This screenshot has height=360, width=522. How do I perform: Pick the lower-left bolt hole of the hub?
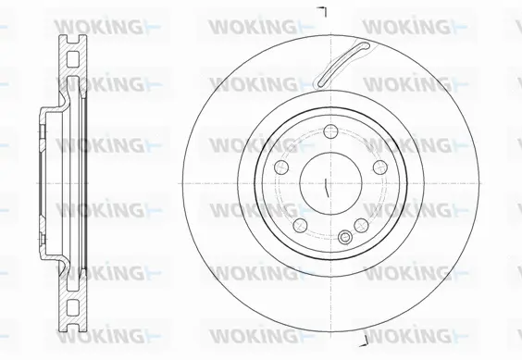point(299,223)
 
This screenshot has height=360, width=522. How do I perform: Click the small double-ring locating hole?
point(343,238)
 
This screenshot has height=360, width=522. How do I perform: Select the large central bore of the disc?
point(329,181)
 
